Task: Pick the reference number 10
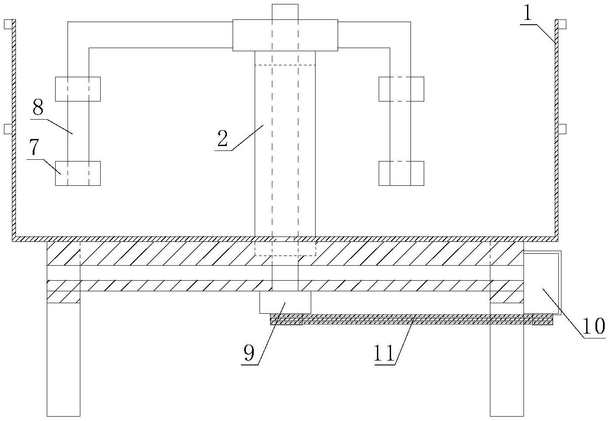pyautogui.click(x=594, y=327)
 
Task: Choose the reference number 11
pyautogui.click(x=384, y=353)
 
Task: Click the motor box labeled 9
pyautogui.click(x=285, y=302)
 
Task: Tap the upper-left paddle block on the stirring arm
pyautogui.click(x=78, y=89)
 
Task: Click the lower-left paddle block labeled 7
pyautogui.click(x=78, y=173)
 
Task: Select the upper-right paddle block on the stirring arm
pyautogui.click(x=401, y=89)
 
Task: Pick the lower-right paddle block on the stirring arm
pyautogui.click(x=401, y=173)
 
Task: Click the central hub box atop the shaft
pyautogui.click(x=285, y=35)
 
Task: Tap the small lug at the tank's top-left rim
pyautogui.click(x=8, y=24)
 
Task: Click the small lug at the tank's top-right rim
pyautogui.click(x=562, y=24)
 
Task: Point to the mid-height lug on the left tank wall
pyautogui.click(x=8, y=128)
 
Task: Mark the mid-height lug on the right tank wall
pyautogui.click(x=562, y=128)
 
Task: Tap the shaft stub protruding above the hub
pyautogui.click(x=285, y=12)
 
